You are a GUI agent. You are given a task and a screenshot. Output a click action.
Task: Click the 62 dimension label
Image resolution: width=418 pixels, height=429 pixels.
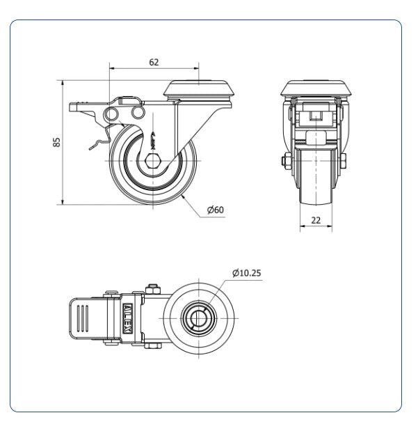154,63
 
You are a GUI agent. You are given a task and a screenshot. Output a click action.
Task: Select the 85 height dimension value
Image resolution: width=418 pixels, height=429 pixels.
56,142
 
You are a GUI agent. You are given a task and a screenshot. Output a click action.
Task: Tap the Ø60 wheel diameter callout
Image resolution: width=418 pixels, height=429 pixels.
216,210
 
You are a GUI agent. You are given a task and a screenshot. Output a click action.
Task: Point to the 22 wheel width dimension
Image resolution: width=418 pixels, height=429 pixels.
316,220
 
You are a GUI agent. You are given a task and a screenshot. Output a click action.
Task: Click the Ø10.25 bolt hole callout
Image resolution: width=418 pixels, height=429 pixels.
247,273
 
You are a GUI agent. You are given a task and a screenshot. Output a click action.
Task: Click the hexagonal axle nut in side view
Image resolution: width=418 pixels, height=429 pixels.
153,161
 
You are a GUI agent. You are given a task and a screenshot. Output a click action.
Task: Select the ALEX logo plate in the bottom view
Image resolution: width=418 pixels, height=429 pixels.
127,318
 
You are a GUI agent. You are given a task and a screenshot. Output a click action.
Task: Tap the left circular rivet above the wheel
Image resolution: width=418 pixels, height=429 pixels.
111,114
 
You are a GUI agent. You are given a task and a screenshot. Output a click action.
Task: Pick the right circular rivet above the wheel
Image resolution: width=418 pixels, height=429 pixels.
138,113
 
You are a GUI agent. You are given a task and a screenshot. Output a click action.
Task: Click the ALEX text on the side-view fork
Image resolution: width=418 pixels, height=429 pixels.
153,141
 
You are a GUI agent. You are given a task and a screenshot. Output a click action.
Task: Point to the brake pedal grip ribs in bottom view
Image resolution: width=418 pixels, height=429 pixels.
83,318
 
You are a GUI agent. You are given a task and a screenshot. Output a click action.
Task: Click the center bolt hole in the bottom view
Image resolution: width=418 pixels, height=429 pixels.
199,318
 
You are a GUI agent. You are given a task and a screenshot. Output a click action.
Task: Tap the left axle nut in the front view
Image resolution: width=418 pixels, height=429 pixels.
287,160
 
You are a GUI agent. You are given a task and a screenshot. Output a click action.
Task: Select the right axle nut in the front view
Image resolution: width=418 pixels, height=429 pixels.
343,160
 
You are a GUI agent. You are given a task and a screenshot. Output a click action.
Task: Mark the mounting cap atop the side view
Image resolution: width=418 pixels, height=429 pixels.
199,88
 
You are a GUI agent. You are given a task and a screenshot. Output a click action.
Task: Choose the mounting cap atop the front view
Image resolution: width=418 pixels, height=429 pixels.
316,88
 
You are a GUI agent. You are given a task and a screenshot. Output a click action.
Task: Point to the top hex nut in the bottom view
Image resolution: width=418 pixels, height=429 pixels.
153,289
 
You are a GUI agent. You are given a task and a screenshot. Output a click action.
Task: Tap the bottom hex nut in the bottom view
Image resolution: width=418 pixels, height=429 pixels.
153,346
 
